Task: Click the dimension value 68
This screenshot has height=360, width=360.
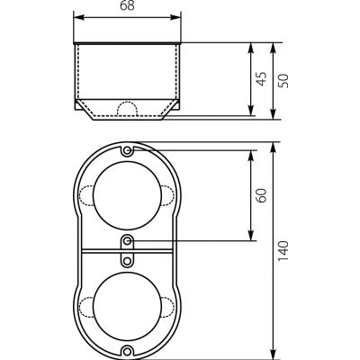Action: coord(127,6)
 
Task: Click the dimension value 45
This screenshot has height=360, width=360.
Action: coord(262,79)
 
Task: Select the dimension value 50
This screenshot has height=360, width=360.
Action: coord(283,80)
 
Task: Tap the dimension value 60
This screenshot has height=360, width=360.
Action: coord(262,195)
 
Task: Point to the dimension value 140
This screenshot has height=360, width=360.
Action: coord(283,250)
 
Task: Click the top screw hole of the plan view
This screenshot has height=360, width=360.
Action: coord(128,150)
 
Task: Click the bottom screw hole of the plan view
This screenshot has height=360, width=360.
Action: coord(128,351)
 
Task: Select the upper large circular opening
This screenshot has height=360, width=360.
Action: coord(128,195)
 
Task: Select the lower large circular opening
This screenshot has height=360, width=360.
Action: coord(128,307)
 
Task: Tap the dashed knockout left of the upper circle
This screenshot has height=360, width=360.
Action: coord(86,195)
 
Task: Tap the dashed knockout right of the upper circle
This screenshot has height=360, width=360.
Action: coord(168,195)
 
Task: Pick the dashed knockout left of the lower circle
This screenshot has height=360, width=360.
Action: coord(86,307)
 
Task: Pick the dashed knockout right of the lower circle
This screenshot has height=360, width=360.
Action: coord(168,307)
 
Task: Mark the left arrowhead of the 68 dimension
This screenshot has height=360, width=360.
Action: coord(78,17)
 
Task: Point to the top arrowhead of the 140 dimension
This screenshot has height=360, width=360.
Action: coord(273,148)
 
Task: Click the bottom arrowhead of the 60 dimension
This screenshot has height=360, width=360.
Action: coord(251,235)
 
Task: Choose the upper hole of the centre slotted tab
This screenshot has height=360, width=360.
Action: coord(128,240)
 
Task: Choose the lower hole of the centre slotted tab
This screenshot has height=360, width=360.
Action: coord(128,261)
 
